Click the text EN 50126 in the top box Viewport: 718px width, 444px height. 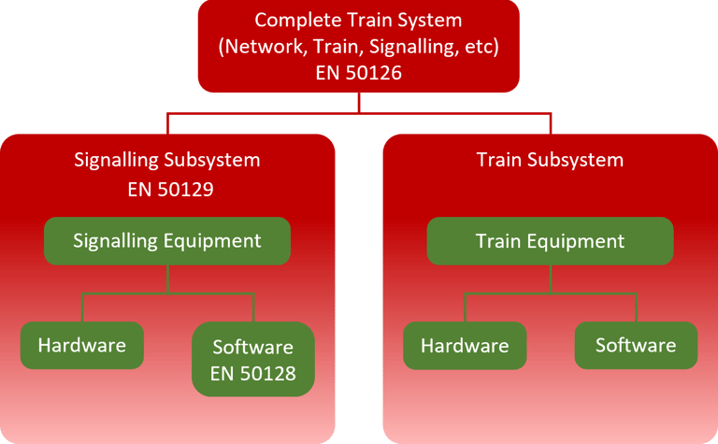(359, 72)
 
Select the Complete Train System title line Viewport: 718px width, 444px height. (359, 20)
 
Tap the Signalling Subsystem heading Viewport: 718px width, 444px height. (167, 160)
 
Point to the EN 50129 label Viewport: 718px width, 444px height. (167, 191)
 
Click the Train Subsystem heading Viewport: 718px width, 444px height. (550, 160)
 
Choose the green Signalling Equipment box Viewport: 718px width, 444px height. (167, 241)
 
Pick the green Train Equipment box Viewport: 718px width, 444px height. (550, 241)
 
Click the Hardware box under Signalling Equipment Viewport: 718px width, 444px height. (82, 345)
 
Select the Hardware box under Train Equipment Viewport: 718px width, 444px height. (465, 346)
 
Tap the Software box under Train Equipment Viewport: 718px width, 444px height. (636, 346)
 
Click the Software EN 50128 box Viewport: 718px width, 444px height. (253, 360)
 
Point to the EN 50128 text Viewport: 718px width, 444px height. (253, 375)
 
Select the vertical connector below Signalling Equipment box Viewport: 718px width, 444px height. (167, 279)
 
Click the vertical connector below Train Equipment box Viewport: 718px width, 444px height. (550, 279)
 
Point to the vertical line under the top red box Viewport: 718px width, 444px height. (359, 104)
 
